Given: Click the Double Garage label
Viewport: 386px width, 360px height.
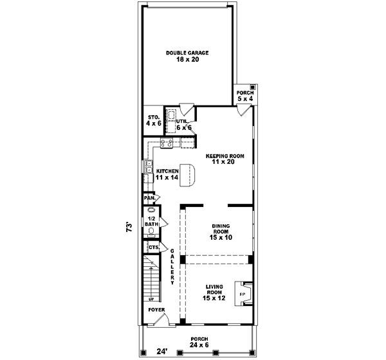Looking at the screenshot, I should [187, 53].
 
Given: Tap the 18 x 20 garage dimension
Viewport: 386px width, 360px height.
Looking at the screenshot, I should [187, 59].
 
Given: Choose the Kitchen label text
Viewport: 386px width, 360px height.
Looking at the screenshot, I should [167, 171].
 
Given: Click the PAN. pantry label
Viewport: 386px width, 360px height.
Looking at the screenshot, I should [149, 198].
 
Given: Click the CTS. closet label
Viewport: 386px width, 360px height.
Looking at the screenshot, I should [153, 247].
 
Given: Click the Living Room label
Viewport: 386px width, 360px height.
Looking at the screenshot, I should [214, 291].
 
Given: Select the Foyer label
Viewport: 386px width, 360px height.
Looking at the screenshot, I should [157, 310].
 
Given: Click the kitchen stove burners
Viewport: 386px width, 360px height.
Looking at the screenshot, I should [166, 143].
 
